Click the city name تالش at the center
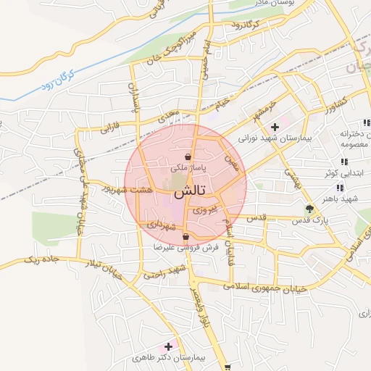tap(190, 192)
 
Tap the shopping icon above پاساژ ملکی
tap(188, 157)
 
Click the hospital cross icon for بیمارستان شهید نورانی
tap(275, 128)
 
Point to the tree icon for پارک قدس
tap(310, 209)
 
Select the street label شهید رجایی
tap(164, 273)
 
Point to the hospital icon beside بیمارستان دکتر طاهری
tap(170, 346)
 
